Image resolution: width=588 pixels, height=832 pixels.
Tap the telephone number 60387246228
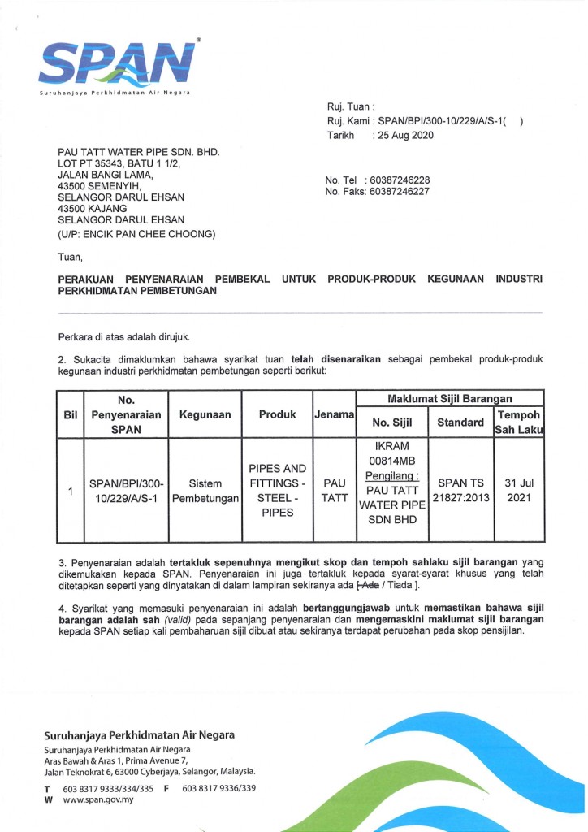pyautogui.click(x=398, y=180)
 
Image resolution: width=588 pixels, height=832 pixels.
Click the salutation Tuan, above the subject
pyautogui.click(x=71, y=258)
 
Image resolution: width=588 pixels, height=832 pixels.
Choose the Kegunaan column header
pyautogui.click(x=205, y=414)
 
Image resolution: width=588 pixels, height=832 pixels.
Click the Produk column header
pyautogui.click(x=277, y=414)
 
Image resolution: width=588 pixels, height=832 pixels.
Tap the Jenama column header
pyautogui.click(x=335, y=414)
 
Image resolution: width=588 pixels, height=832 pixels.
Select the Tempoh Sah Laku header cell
pyautogui.click(x=518, y=421)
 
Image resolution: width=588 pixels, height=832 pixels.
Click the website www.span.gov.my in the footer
pyautogui.click(x=98, y=799)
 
